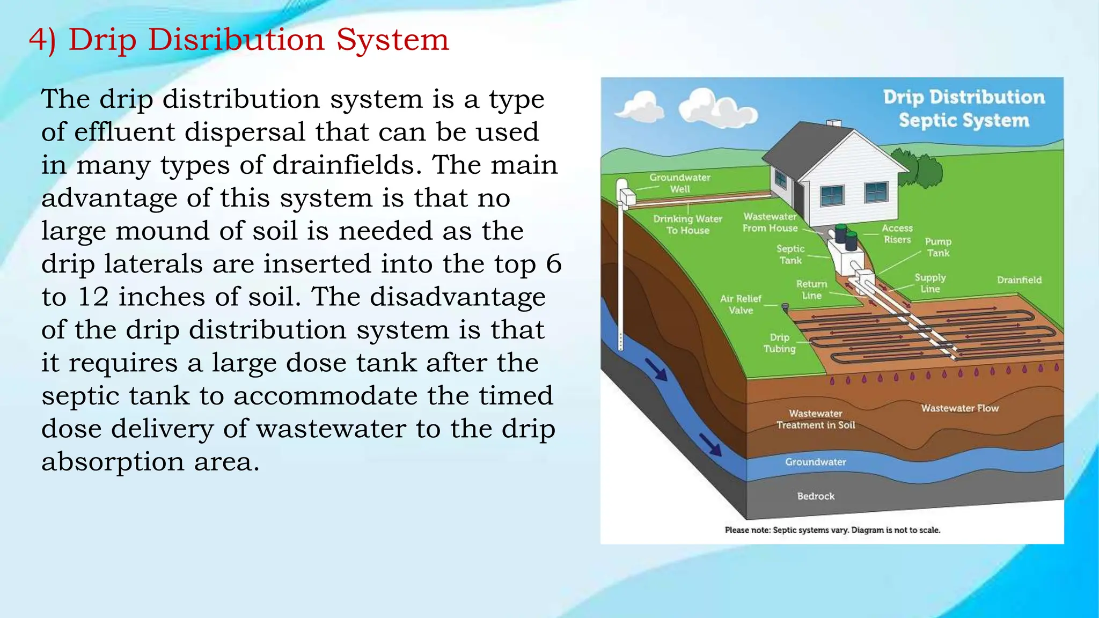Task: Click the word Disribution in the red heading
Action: point(236,40)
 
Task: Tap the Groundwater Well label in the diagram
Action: point(679,183)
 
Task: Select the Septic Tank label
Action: point(790,255)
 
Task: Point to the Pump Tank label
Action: point(937,247)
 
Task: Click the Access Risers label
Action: point(897,234)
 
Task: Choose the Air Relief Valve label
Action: point(741,304)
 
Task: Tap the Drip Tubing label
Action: point(779,343)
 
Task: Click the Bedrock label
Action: point(816,496)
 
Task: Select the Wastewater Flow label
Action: point(959,408)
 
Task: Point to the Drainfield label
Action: point(1019,280)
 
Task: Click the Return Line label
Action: point(811,290)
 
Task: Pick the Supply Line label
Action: point(930,283)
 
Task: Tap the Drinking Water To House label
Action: point(687,225)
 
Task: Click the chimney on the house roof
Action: point(833,124)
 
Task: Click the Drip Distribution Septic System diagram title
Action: point(964,108)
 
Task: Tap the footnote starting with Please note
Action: point(832,530)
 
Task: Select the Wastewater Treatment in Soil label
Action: point(815,419)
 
